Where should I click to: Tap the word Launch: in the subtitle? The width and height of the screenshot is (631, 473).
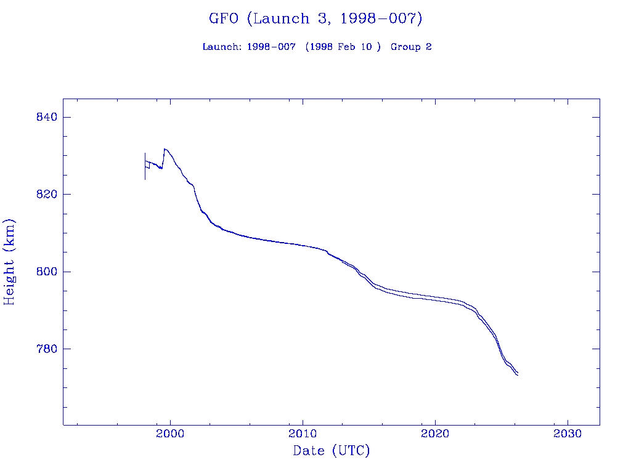(x=222, y=47)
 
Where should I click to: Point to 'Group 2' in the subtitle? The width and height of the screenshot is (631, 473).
(x=411, y=47)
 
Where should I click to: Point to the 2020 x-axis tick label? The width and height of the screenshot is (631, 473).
(x=435, y=433)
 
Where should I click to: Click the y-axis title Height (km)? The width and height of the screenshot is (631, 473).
(x=10, y=262)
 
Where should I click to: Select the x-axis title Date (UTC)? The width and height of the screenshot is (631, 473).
(x=332, y=451)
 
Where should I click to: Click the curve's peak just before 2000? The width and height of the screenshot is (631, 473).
(x=164, y=149)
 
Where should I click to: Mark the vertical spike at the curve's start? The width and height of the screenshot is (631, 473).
(x=145, y=165)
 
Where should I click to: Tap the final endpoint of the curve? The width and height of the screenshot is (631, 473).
(x=518, y=374)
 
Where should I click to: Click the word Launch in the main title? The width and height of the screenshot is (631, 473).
(x=280, y=18)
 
